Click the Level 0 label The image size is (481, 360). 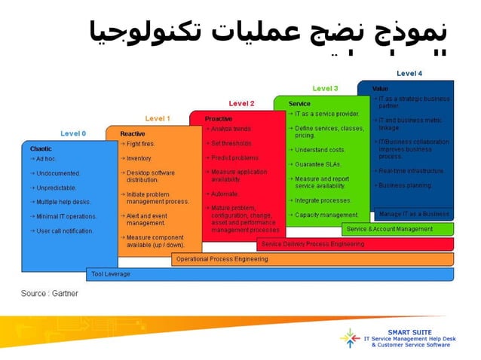coord(73,133)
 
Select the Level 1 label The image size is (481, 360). coord(157,118)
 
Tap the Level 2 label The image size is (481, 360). coord(241,103)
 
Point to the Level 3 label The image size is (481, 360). coord(325,88)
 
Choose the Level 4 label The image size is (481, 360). coord(409,73)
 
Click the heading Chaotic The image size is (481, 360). coord(41,148)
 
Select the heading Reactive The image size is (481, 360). coord(133,133)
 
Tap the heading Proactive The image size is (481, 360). coord(219,118)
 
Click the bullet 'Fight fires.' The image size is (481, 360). coord(140,143)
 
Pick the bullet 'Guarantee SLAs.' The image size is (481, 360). coord(318,164)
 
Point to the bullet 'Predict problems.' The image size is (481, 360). coord(234,157)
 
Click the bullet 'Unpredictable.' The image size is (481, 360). coord(58,188)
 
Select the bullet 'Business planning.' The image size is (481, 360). coord(405,185)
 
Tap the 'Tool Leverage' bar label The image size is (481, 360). coord(111,274)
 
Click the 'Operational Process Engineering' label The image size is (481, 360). coord(222,259)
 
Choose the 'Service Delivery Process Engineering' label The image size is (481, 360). coord(312,244)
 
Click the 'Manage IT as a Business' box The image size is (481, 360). coord(414,214)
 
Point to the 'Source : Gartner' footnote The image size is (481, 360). coord(47,293)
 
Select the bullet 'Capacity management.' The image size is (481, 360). coord(326,215)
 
